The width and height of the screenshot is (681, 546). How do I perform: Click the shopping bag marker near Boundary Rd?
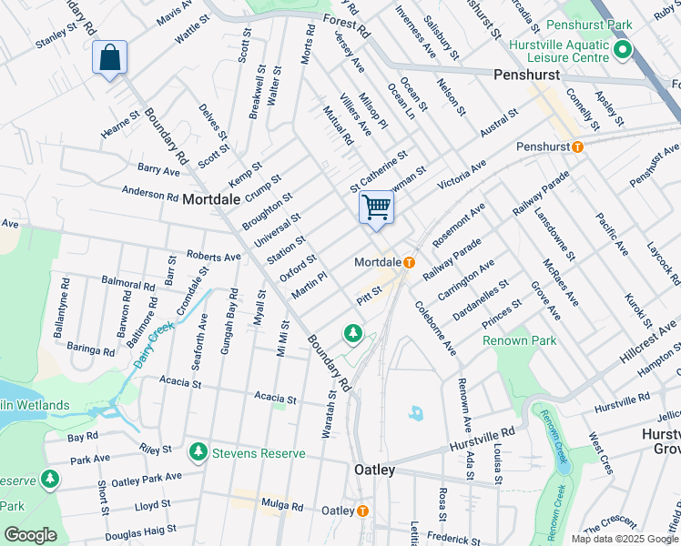coord(109,59)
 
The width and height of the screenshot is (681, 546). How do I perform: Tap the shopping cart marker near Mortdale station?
coord(376,207)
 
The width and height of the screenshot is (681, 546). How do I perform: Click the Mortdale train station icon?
coord(409,263)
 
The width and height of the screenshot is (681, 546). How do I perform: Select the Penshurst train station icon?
coord(576,147)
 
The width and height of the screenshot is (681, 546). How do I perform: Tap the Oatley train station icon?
coord(362,511)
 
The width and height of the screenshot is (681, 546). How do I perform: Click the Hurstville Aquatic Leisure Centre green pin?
coord(624,49)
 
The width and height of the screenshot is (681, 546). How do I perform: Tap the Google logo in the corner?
coord(30,535)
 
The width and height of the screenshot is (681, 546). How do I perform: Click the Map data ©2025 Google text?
coord(625,539)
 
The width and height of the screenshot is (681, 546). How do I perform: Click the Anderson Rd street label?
coord(150,194)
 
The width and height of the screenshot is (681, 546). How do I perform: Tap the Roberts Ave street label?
coord(212,258)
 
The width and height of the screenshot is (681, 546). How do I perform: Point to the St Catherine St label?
coord(379,172)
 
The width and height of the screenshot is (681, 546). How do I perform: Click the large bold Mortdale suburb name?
coord(212,198)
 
